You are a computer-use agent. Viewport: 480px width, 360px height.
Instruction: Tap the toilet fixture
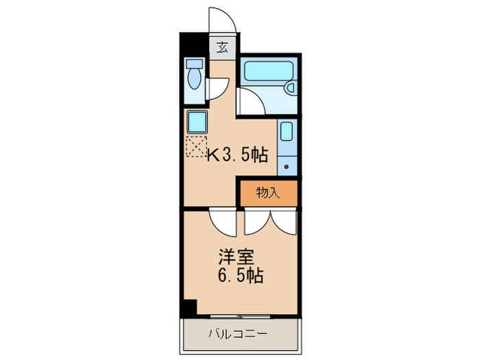[193, 75]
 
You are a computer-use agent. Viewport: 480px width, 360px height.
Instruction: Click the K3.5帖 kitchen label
[237, 156]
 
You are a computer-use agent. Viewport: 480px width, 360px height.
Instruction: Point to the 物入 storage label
[268, 193]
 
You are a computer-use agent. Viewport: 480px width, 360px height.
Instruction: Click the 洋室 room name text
[236, 258]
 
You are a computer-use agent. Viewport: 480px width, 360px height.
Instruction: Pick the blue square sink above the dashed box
[197, 123]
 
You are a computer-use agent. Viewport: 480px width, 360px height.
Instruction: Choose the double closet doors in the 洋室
[271, 220]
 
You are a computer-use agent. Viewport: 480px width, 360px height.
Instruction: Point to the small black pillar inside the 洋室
[189, 308]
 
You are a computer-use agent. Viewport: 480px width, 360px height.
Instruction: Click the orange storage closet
[268, 193]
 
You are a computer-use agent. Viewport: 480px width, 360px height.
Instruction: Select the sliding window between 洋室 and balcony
[240, 317]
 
